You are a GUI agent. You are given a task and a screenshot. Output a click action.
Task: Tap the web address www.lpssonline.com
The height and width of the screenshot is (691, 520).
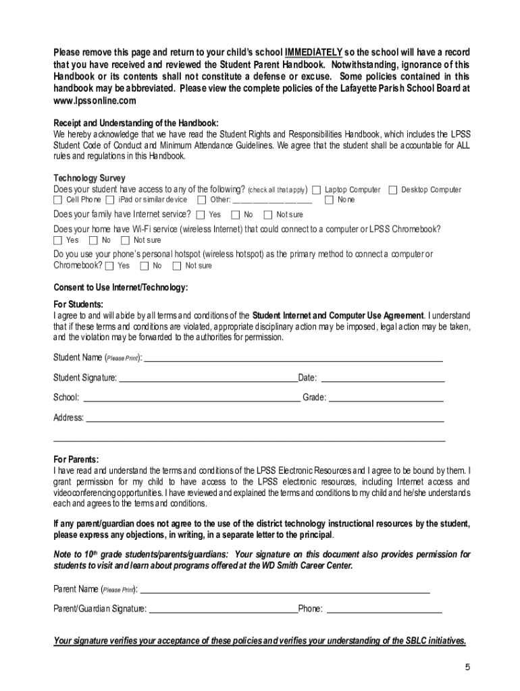pos(95,101)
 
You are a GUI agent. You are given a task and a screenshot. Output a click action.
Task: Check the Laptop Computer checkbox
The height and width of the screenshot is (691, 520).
pos(316,190)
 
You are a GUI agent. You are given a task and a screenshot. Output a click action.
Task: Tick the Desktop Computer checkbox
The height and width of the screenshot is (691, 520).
pos(392,190)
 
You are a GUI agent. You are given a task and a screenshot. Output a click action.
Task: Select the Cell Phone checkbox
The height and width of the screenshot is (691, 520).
pos(58,200)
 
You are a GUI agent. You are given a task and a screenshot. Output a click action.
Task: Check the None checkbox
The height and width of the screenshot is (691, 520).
pos(330,200)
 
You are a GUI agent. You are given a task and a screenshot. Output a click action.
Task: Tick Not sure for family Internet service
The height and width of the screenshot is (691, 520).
pos(268,215)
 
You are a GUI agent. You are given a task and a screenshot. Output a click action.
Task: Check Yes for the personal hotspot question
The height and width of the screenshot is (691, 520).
pos(109,266)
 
